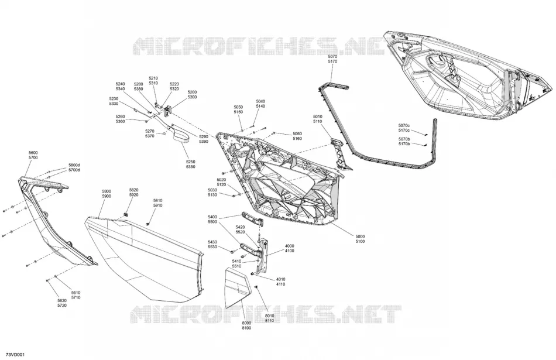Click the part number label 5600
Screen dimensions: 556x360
(33, 153)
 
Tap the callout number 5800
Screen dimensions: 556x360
(107, 191)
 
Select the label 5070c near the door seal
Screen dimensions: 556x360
(404, 125)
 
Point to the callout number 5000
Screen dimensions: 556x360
(360, 236)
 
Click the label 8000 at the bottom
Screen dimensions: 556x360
(246, 323)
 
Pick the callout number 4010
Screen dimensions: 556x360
(280, 279)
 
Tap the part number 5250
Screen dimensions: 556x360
(190, 162)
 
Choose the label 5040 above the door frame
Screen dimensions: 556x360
(260, 101)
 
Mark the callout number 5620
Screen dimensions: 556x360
(61, 300)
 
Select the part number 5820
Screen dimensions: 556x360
(133, 190)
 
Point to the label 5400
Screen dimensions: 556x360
(212, 217)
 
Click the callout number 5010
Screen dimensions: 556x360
(317, 116)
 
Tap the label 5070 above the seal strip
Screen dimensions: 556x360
(332, 57)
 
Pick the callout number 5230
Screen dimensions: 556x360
(114, 99)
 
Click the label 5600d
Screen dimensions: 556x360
(74, 165)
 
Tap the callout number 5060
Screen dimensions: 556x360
(297, 133)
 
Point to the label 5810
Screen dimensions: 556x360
(158, 201)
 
